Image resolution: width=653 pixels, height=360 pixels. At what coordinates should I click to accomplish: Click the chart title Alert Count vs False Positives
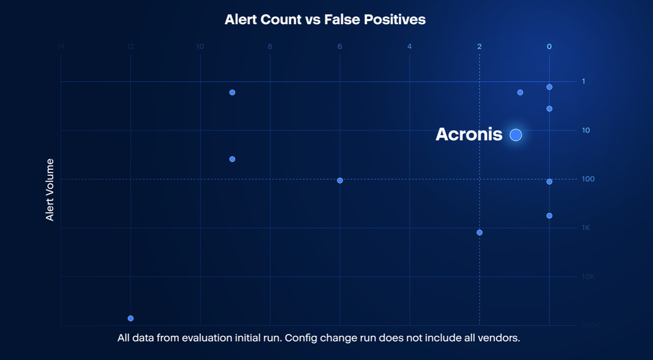click(325, 20)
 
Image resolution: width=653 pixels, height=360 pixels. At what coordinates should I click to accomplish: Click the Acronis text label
click(469, 135)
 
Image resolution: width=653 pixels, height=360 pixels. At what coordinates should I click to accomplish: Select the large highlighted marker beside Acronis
click(516, 135)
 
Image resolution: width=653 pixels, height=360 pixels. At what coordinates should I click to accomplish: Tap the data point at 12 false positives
click(131, 318)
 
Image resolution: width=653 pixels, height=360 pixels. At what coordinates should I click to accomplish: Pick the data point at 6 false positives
click(340, 180)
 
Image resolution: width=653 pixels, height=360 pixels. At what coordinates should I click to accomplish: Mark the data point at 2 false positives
click(480, 233)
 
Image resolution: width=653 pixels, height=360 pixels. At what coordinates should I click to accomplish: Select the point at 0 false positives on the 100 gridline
click(549, 182)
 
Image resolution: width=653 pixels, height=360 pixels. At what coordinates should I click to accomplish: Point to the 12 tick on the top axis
click(131, 46)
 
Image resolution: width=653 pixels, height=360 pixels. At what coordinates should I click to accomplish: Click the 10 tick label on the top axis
click(200, 46)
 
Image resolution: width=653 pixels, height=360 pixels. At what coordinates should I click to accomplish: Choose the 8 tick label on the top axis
click(270, 46)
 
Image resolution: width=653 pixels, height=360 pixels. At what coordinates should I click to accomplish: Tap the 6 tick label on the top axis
click(340, 46)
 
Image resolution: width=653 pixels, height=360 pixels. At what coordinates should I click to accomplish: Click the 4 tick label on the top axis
click(409, 46)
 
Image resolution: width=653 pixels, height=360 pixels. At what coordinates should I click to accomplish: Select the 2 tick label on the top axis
click(479, 46)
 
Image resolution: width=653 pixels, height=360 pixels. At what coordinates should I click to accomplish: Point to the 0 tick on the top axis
click(549, 46)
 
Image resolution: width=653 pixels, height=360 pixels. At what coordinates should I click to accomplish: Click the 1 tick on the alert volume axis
click(584, 82)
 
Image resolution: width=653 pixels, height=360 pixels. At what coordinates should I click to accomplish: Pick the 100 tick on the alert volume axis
click(587, 179)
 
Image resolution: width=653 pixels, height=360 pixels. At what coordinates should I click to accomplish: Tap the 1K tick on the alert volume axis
click(586, 228)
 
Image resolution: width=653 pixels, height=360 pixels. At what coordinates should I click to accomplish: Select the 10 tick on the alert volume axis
click(586, 131)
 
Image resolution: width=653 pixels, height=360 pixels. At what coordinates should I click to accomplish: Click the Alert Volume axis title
click(50, 189)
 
